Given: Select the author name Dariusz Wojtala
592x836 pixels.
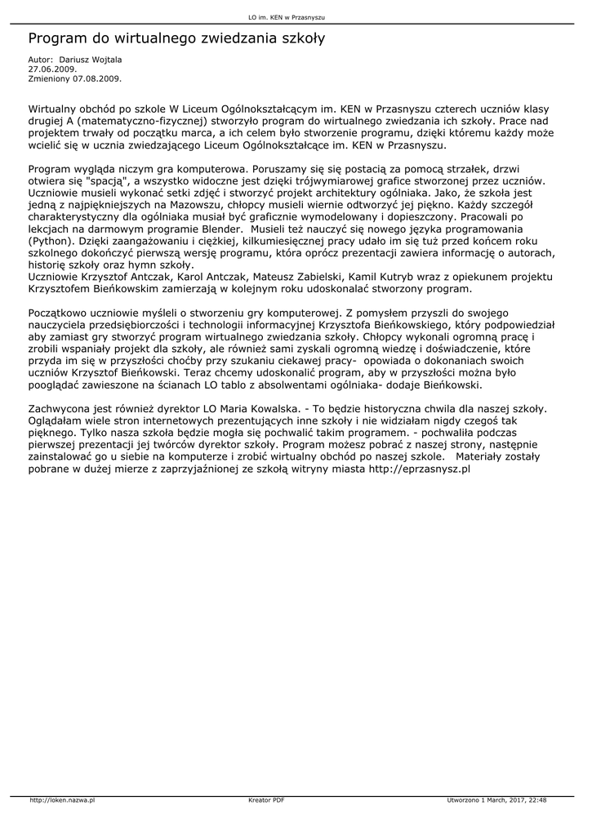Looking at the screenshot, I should pos(90,60).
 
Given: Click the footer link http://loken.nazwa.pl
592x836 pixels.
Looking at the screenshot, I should pos(62,800).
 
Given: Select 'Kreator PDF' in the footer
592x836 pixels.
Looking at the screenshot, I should pos(266,800).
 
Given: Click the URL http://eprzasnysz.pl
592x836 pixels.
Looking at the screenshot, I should pos(420,469).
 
